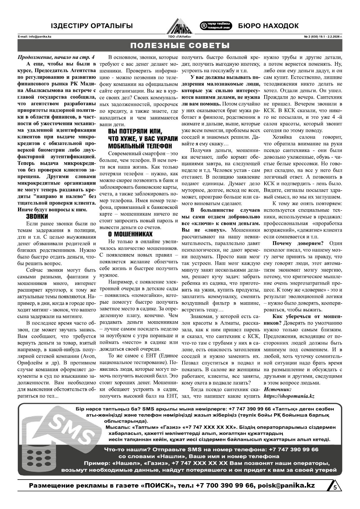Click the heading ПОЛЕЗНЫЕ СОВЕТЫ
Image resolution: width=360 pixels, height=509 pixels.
pyautogui.click(x=180, y=45)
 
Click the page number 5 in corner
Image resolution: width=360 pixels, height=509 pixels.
pyautogui.click(x=335, y=487)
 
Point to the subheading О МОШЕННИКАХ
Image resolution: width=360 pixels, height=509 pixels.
pyautogui.click(x=130, y=234)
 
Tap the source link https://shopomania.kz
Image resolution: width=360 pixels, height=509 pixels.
pyautogui.click(x=289, y=396)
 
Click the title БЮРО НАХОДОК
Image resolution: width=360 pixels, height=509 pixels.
pyautogui.click(x=268, y=26)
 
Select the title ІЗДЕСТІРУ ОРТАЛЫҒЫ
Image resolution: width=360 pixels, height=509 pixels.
pyautogui.click(x=92, y=26)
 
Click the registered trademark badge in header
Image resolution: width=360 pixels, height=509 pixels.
pyautogui.click(x=216, y=26)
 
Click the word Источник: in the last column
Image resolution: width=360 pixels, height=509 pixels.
pyautogui.click(x=278, y=389)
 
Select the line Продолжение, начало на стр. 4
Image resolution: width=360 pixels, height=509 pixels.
pyautogui.click(x=56, y=57)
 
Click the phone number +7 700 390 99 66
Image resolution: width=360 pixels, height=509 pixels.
pyautogui.click(x=225, y=485)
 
